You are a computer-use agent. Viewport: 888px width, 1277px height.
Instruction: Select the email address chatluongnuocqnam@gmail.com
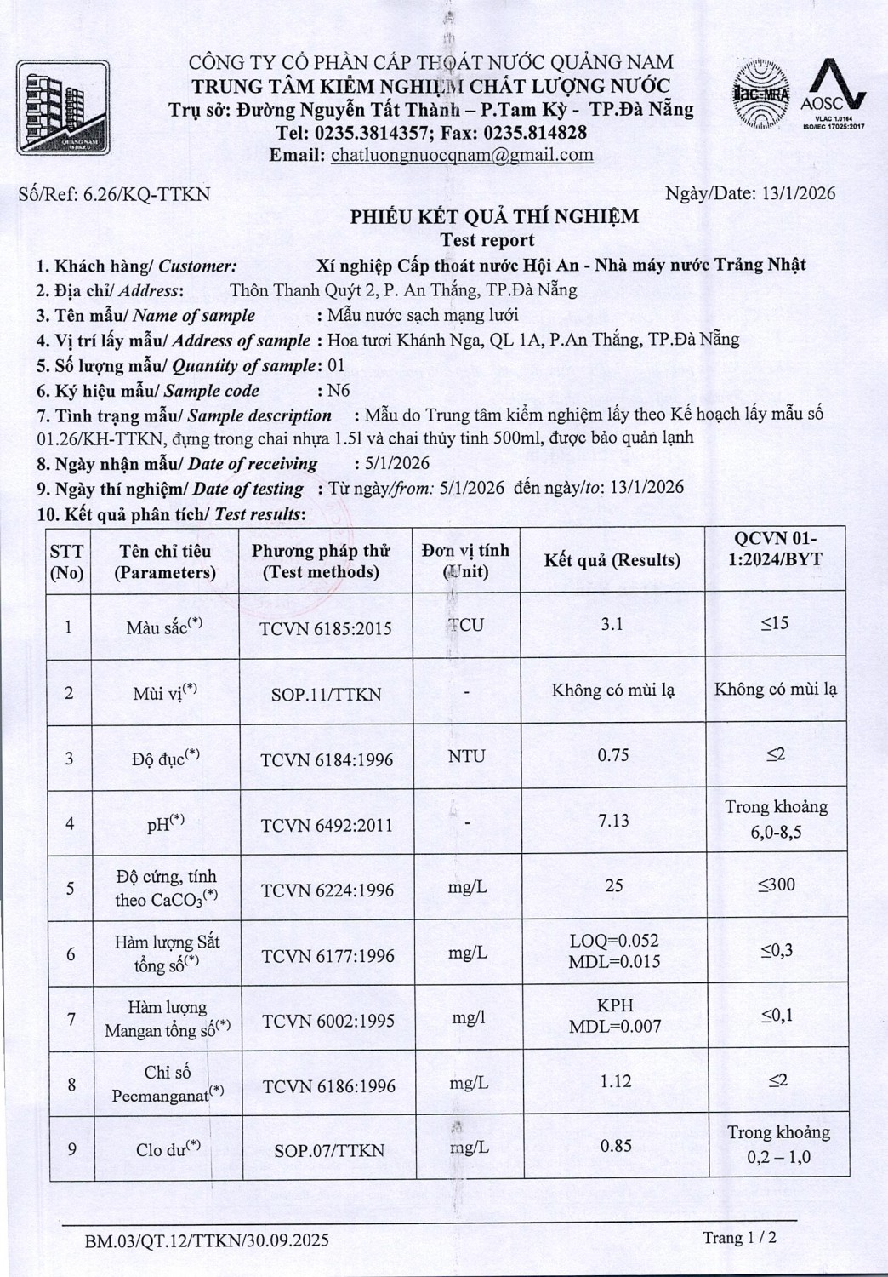coord(462,155)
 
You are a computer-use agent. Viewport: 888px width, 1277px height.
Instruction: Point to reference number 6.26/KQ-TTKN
coord(145,195)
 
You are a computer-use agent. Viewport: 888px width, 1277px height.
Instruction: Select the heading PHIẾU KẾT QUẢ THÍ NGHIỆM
coord(494,217)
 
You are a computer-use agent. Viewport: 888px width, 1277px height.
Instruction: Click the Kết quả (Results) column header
coord(612,560)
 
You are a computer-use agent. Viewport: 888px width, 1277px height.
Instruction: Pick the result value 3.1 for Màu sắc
coord(612,624)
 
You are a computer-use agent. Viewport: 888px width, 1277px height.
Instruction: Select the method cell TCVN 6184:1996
coord(327,759)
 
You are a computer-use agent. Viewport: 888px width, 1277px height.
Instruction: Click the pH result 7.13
coord(613,820)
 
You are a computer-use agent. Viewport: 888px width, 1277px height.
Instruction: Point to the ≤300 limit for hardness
coord(777,885)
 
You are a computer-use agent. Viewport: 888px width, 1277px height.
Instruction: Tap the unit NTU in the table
coord(466,756)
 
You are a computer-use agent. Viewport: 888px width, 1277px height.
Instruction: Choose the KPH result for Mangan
coord(615,1005)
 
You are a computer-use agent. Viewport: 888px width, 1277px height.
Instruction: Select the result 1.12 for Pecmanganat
coord(615,1081)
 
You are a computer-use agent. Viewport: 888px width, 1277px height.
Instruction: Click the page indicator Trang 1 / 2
coord(739,1237)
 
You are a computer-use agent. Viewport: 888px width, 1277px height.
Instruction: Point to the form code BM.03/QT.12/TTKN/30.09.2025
coord(207,1240)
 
